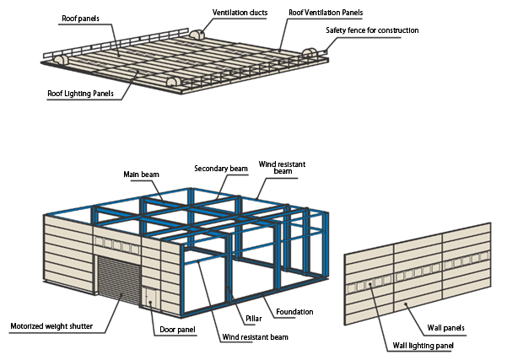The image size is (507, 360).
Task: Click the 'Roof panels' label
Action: (x=80, y=16)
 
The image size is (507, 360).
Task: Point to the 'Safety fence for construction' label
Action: (x=372, y=30)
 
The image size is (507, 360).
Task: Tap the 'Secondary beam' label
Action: (x=220, y=169)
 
